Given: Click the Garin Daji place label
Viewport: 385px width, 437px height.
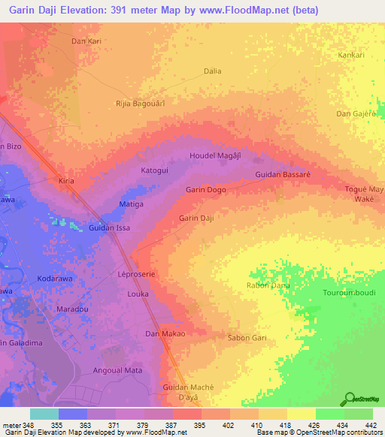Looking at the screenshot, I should point(196,218).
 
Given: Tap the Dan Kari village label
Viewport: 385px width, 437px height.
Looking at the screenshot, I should point(86,42).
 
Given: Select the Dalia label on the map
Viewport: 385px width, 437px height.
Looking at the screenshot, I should point(213,71).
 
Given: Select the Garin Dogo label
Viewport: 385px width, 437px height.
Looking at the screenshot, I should point(205,190).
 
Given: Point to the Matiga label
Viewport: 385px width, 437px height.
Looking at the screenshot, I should point(132,204).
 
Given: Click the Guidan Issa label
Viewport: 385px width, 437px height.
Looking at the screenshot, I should point(109,228).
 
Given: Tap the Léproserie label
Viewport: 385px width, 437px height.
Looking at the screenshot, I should point(135,275).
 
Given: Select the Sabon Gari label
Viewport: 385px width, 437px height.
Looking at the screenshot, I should point(247,338).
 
